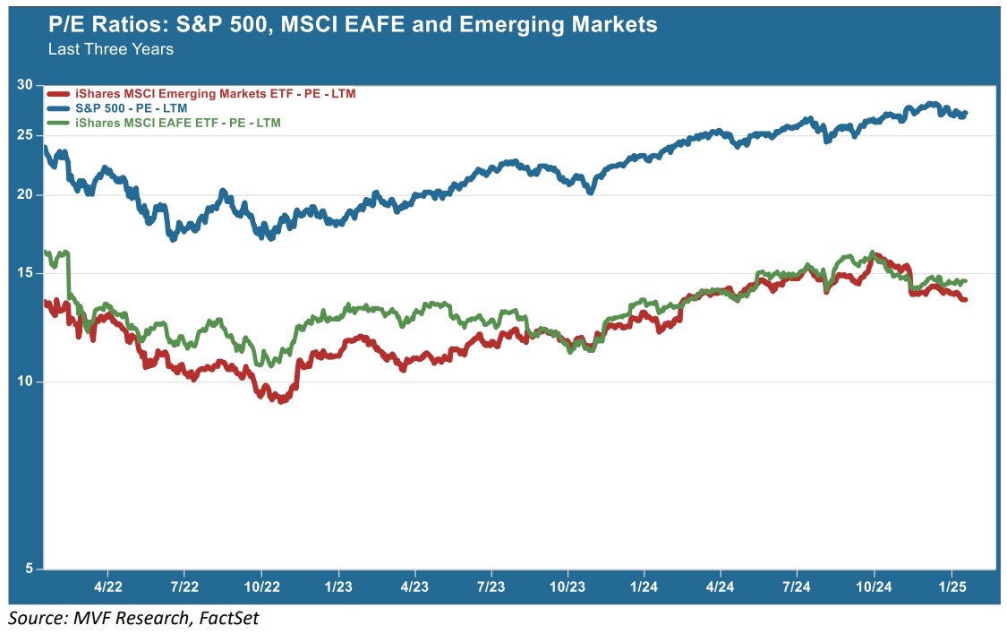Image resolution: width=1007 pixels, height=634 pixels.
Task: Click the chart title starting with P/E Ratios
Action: pyautogui.click(x=353, y=24)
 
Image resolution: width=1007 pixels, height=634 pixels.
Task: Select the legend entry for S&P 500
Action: pyautogui.click(x=131, y=107)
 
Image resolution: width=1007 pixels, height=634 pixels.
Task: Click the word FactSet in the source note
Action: pyautogui.click(x=223, y=618)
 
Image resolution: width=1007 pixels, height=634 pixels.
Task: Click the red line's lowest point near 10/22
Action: pyautogui.click(x=281, y=400)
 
